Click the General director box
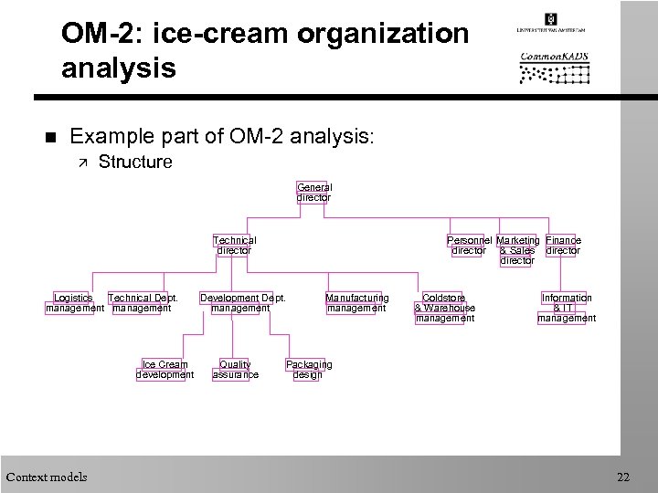point(313,192)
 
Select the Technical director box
point(234,246)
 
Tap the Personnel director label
point(469,246)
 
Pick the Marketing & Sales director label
point(517,250)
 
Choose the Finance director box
point(563,246)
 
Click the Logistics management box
point(74,303)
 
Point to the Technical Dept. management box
point(142,303)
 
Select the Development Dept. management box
point(242,303)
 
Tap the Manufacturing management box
point(356,303)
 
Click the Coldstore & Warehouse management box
point(444,308)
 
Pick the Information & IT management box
point(567,308)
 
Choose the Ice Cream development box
point(164,370)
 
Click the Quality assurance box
point(235,370)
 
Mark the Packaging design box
point(308,370)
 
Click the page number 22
point(623,477)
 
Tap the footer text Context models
point(47,477)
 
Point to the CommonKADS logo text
point(554,57)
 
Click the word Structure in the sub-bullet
point(134,163)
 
